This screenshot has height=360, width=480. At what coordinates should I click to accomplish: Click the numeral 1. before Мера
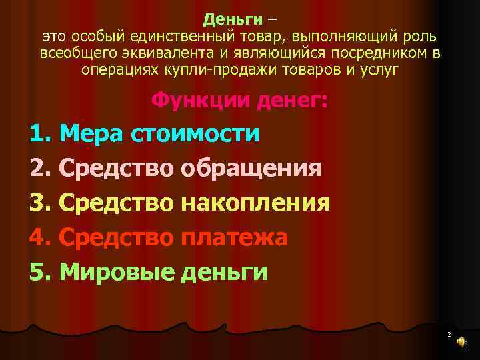click(41, 134)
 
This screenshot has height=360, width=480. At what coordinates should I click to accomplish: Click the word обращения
click(251, 168)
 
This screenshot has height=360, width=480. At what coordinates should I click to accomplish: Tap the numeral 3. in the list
click(41, 203)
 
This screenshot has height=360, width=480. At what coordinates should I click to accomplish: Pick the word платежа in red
click(234, 237)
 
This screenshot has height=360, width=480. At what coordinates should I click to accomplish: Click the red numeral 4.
click(41, 237)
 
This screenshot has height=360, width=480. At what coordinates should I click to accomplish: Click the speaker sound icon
click(461, 341)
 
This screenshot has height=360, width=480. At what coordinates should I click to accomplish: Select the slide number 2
click(449, 333)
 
